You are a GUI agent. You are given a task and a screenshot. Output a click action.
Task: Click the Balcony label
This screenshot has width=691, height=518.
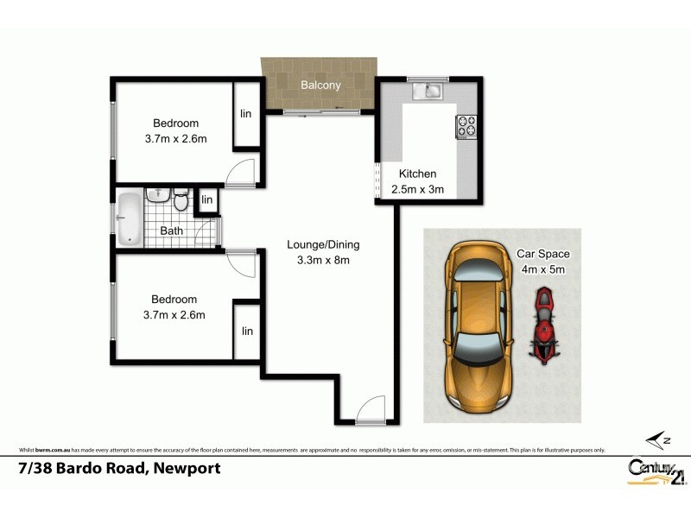click(x=320, y=85)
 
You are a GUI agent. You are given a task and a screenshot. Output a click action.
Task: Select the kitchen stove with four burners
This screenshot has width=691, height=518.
click(x=466, y=126)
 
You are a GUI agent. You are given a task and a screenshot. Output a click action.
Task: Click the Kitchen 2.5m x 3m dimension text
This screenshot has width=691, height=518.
click(x=417, y=189)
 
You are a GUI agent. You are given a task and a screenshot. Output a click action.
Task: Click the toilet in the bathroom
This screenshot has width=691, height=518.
click(x=181, y=201)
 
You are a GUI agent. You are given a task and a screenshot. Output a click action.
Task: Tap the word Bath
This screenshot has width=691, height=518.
click(x=171, y=231)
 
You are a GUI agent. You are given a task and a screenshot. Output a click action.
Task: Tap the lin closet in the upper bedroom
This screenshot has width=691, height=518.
click(x=246, y=114)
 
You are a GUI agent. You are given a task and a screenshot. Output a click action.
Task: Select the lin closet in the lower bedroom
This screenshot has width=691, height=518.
click(x=247, y=331)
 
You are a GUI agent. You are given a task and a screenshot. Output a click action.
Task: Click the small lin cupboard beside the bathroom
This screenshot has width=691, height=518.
click(x=206, y=200)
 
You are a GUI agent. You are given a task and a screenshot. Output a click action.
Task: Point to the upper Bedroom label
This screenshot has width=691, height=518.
click(x=175, y=123)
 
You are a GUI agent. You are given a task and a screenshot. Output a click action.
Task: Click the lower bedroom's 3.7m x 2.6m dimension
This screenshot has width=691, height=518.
click(x=175, y=315)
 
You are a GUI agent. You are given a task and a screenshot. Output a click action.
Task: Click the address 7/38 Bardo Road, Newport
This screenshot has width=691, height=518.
click(x=119, y=469)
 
